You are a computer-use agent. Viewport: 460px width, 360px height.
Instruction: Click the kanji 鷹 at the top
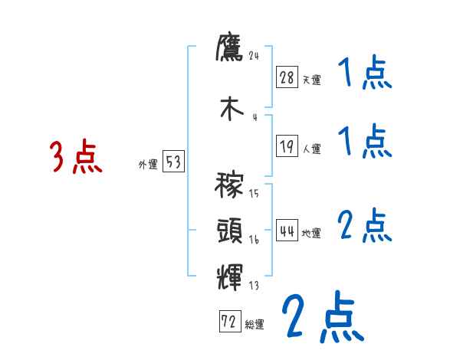pyautogui.click(x=229, y=50)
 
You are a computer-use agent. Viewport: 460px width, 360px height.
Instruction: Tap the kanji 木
pyautogui.click(x=229, y=107)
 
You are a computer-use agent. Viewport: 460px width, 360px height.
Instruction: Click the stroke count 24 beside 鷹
pyautogui.click(x=255, y=56)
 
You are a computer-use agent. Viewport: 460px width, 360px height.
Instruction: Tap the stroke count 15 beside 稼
pyautogui.click(x=254, y=194)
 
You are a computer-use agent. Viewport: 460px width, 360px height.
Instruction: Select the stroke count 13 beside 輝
pyautogui.click(x=254, y=286)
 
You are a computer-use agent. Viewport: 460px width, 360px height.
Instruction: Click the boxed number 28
pyautogui.click(x=287, y=77)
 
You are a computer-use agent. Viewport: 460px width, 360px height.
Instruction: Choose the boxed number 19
pyautogui.click(x=287, y=147)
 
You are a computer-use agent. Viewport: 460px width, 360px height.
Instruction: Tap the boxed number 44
pyautogui.click(x=287, y=231)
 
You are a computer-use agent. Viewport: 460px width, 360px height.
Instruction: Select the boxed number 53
pyautogui.click(x=172, y=162)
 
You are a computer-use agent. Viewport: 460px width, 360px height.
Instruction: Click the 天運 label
pyautogui.click(x=311, y=79)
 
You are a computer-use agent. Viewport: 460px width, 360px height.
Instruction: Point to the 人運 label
pyautogui.click(x=311, y=149)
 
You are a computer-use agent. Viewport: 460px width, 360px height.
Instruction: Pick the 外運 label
pyautogui.click(x=148, y=163)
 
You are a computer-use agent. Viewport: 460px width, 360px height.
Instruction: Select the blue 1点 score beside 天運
pyautogui.click(x=364, y=74)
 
